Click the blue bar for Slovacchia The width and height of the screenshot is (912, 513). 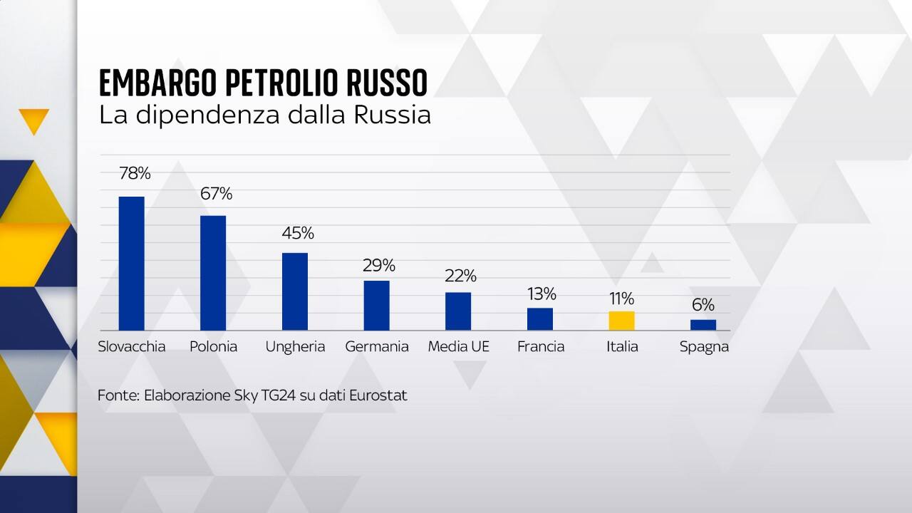(x=131, y=263)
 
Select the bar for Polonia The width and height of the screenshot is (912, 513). (x=213, y=272)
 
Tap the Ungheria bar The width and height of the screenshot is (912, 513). (x=295, y=291)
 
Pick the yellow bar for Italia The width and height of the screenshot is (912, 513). (x=621, y=321)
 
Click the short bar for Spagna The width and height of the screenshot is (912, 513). (x=703, y=325)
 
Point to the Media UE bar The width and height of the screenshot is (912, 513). (x=458, y=311)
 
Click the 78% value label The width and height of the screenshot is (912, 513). (x=135, y=173)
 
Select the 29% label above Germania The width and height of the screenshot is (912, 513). (x=378, y=266)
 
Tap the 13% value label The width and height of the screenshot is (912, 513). (x=541, y=294)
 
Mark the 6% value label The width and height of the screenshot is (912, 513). (x=703, y=305)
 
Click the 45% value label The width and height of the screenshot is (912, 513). (x=297, y=233)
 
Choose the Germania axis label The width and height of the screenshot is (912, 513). (x=377, y=347)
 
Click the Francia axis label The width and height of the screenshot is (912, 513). (x=541, y=347)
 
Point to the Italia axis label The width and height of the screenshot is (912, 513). (x=622, y=347)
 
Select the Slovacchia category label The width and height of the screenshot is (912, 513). (x=132, y=347)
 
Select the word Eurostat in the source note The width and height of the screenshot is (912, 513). (x=378, y=395)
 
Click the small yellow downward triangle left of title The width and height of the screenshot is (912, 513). (x=34, y=120)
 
